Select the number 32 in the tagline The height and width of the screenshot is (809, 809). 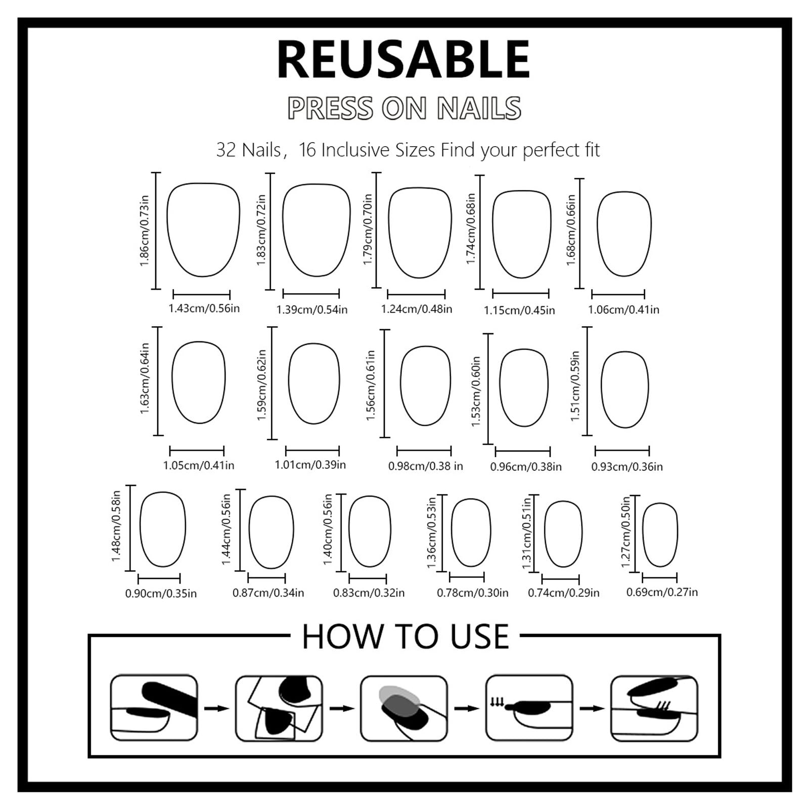(227, 150)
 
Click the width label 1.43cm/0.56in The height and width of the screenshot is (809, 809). (204, 308)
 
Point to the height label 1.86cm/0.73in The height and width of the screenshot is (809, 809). (145, 231)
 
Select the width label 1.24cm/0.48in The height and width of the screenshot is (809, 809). (417, 309)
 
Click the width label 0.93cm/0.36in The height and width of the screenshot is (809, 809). (627, 467)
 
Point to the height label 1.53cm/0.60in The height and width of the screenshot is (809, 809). (476, 391)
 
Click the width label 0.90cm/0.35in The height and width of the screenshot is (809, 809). (161, 594)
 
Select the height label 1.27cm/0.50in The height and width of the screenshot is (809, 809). (625, 531)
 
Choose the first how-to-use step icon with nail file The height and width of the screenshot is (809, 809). (154, 708)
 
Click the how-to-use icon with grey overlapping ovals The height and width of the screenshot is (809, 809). (403, 708)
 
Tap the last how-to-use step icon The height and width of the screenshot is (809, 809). (654, 708)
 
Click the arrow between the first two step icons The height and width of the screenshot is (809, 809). (216, 708)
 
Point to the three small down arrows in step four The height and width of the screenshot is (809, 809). (497, 702)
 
